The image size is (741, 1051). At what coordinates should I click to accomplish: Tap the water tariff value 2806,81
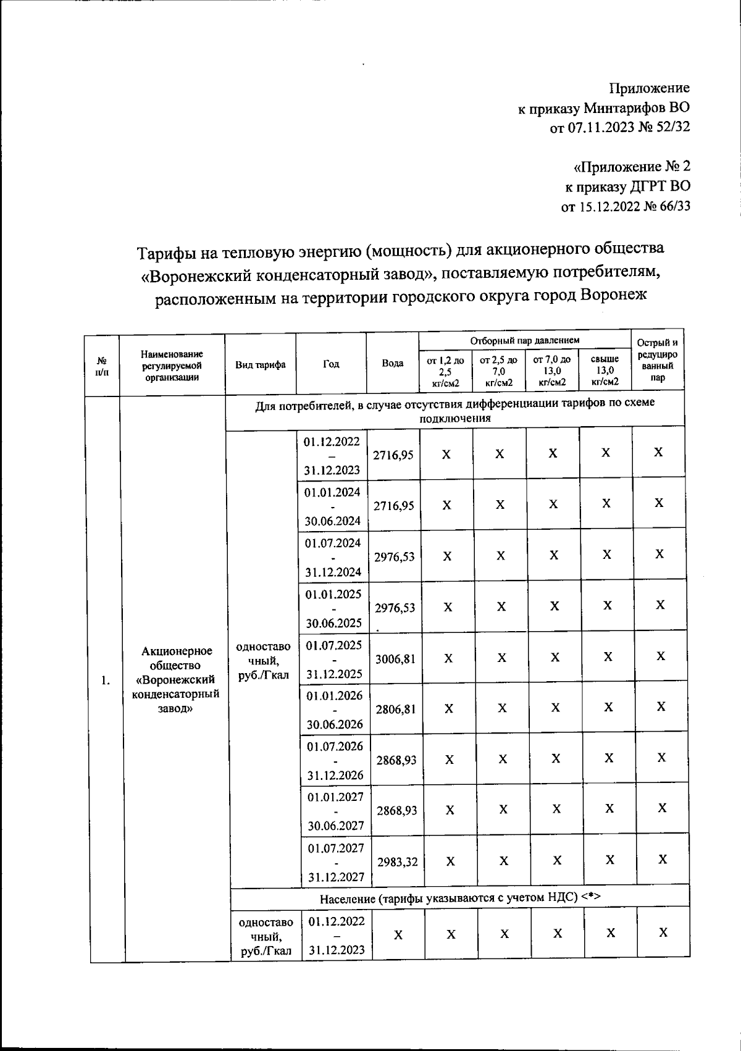click(x=396, y=710)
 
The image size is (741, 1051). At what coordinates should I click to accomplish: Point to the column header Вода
click(x=393, y=364)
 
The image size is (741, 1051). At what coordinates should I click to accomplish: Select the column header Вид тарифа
click(x=260, y=364)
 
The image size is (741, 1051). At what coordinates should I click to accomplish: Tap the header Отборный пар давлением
click(x=525, y=340)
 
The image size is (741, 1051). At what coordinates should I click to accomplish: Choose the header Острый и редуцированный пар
click(x=658, y=359)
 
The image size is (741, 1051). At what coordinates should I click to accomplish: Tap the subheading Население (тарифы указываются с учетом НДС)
click(x=460, y=898)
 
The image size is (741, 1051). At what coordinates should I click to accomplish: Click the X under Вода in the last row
click(x=398, y=935)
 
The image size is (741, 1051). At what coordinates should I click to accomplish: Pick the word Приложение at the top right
click(x=650, y=88)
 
